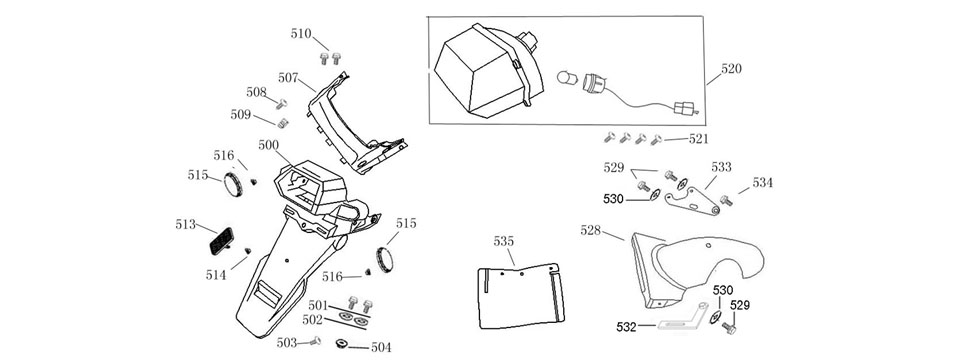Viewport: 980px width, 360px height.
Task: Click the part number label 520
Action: (x=731, y=69)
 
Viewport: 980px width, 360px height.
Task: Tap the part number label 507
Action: (x=288, y=78)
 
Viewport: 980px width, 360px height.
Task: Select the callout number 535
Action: (x=504, y=241)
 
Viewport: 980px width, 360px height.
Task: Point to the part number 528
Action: (x=591, y=230)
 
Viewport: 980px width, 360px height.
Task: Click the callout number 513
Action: (x=186, y=224)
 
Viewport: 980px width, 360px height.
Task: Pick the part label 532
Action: (x=626, y=326)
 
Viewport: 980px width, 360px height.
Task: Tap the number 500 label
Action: (x=269, y=145)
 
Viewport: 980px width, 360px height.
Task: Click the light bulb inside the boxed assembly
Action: (x=566, y=79)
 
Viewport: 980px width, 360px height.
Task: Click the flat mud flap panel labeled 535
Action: (x=520, y=295)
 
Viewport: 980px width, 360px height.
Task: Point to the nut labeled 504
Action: (x=341, y=343)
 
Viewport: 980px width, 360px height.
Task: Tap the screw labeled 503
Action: (x=313, y=341)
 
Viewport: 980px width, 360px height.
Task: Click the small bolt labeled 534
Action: (x=726, y=201)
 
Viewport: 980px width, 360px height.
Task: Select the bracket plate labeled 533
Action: (x=691, y=202)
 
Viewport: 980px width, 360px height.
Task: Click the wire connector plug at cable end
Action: (x=682, y=110)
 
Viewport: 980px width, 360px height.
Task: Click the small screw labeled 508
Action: (x=282, y=103)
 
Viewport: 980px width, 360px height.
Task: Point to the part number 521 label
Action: (x=698, y=139)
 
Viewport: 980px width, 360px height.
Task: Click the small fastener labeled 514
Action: (x=248, y=251)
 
